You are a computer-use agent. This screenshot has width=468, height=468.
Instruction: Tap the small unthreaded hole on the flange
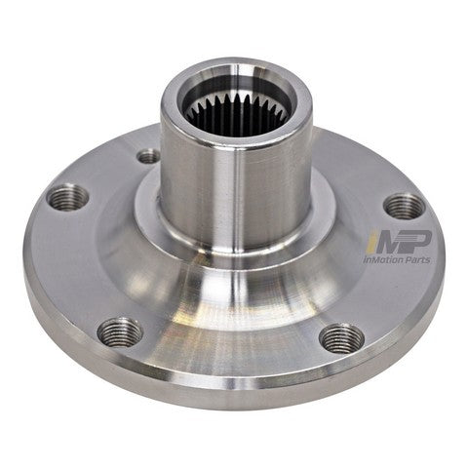(x=148, y=156)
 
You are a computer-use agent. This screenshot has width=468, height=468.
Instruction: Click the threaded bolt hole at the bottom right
(x=342, y=338)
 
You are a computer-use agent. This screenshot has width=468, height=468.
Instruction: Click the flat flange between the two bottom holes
(x=234, y=361)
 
